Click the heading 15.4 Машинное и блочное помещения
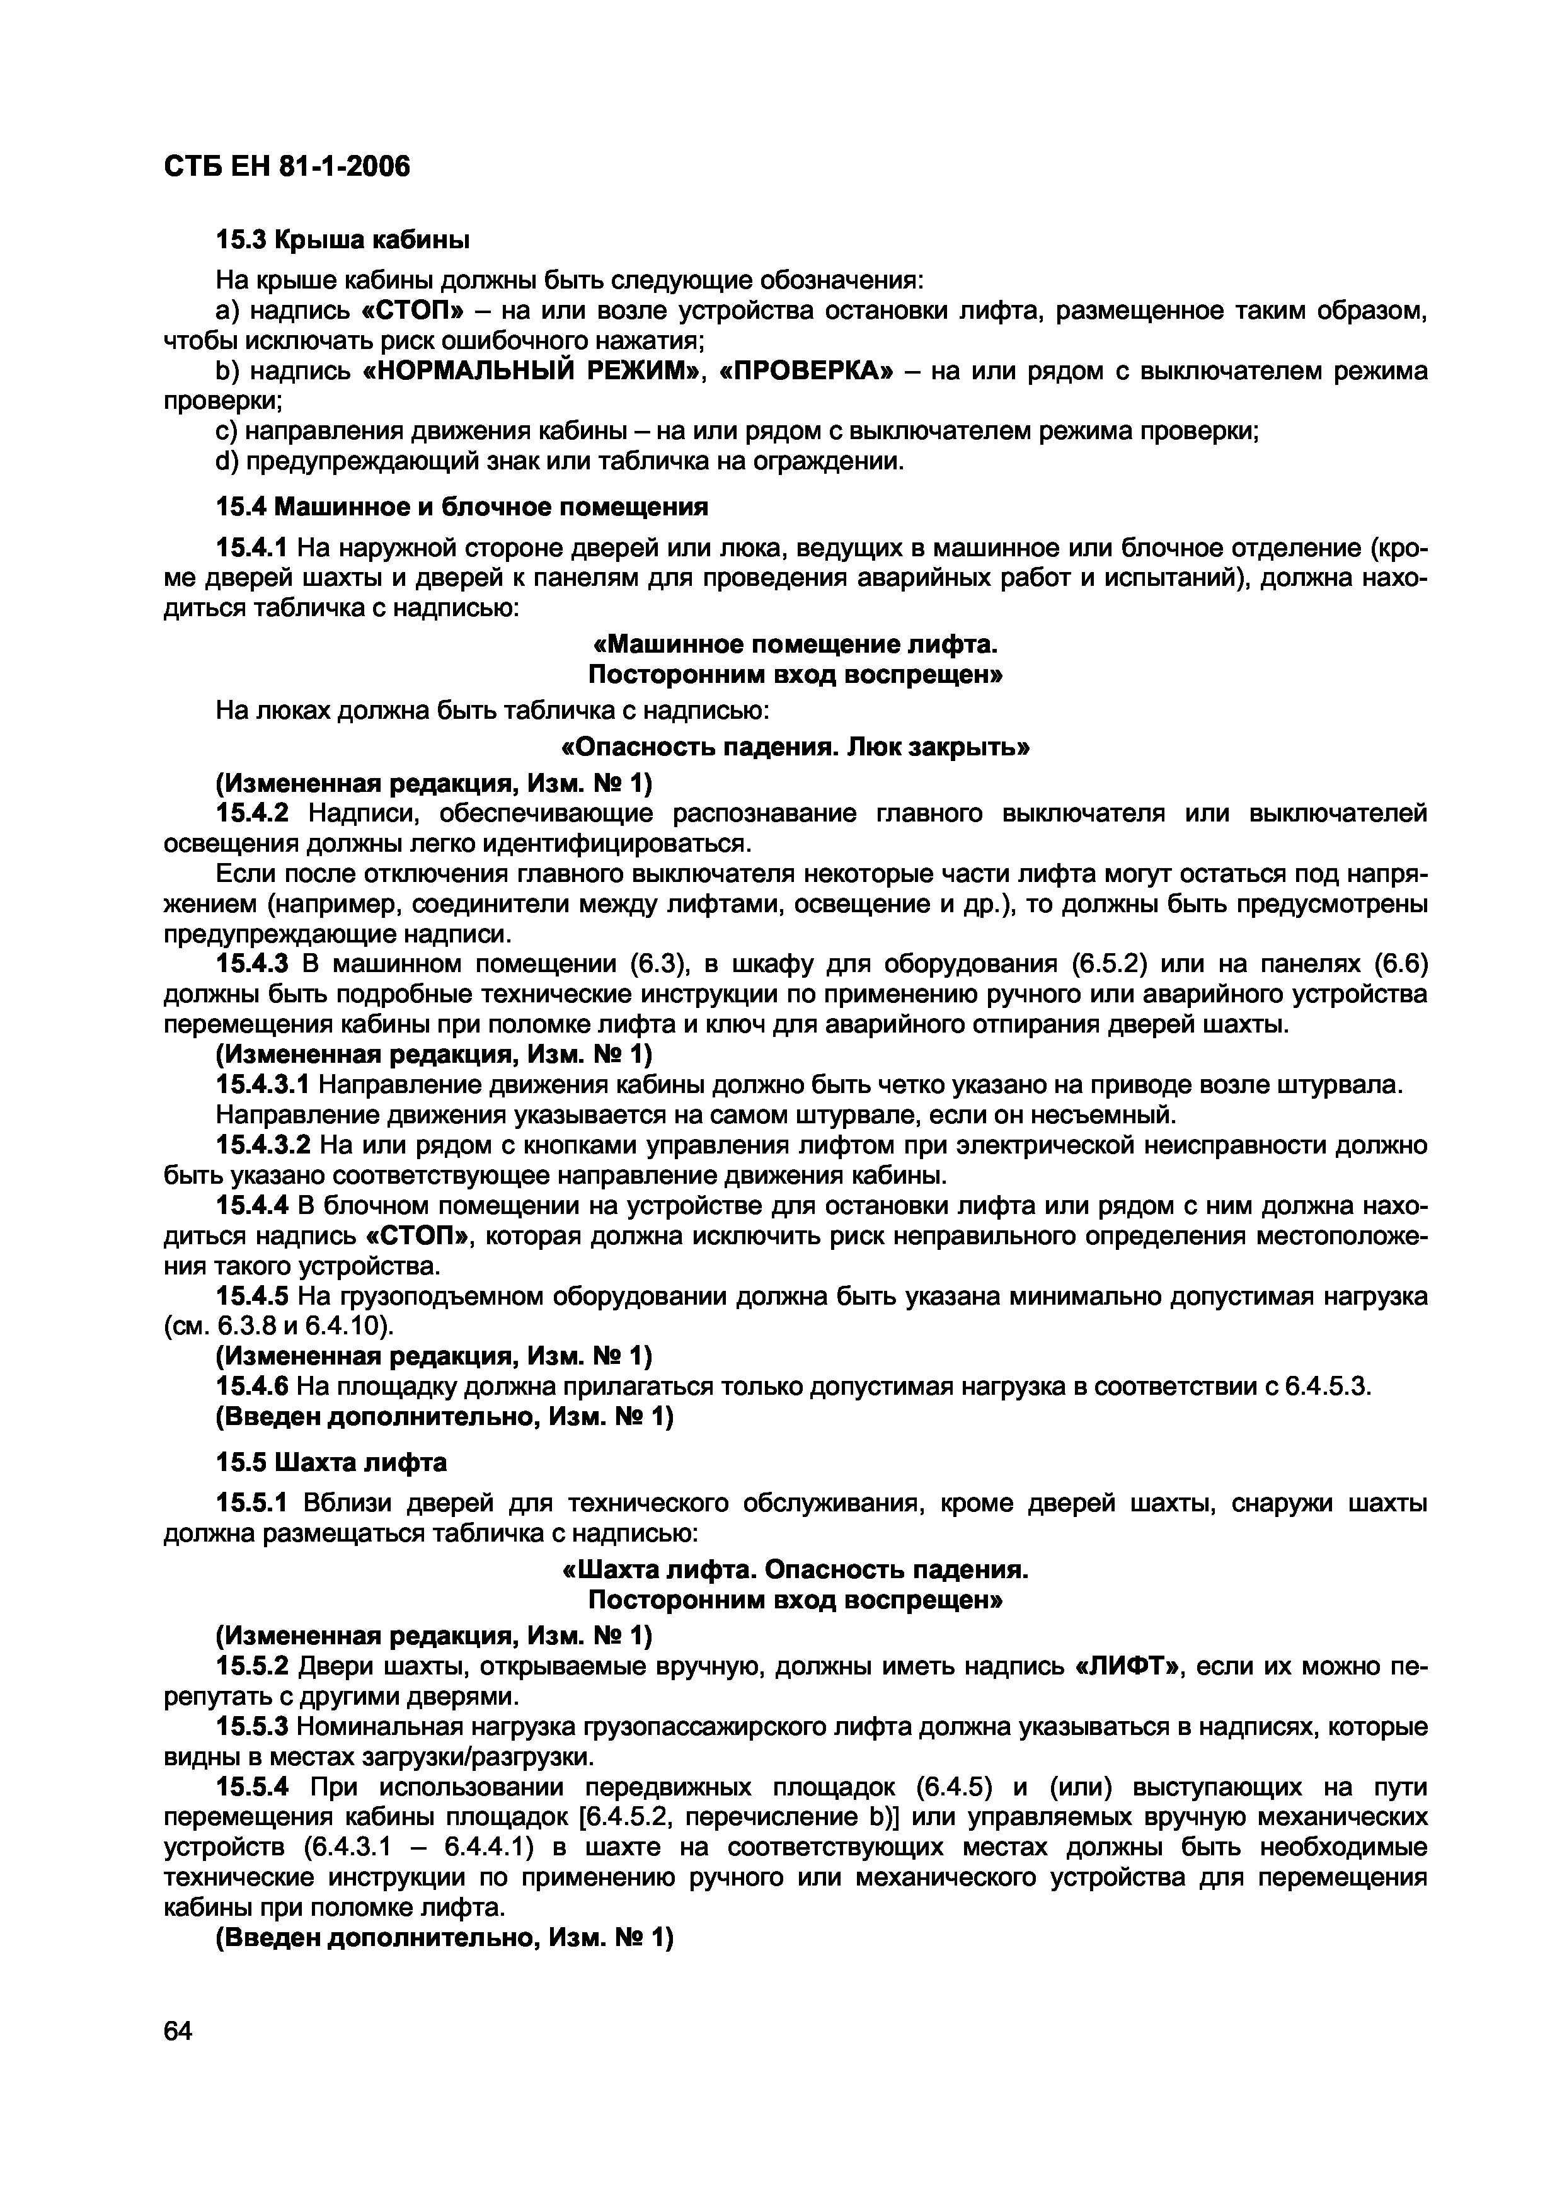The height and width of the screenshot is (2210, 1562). click(x=461, y=507)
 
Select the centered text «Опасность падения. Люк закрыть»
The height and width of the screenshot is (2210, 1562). click(x=795, y=748)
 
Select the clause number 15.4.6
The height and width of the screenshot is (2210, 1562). click(x=251, y=1386)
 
